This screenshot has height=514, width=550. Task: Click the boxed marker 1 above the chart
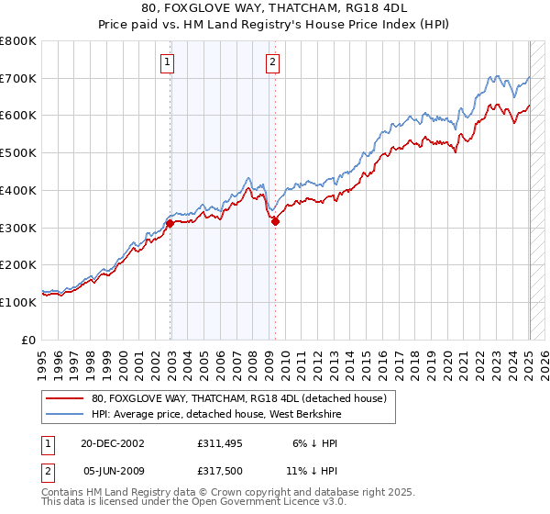tap(169, 62)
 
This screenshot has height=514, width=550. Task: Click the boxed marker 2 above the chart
tap(273, 62)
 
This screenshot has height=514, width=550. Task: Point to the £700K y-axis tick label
tap(18, 79)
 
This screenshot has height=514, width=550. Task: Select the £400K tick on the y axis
tap(18, 191)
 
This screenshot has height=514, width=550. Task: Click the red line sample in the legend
tap(64, 398)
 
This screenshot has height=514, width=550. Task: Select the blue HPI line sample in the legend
tap(64, 415)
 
